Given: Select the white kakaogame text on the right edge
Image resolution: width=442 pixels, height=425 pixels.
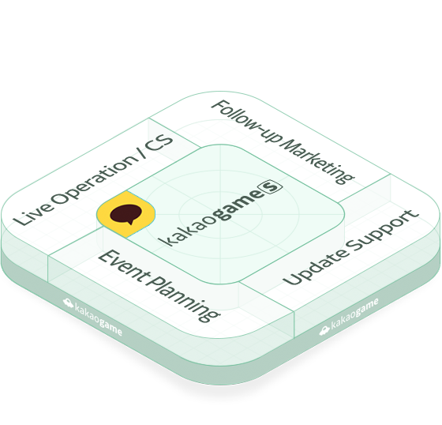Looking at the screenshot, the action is (x=354, y=314).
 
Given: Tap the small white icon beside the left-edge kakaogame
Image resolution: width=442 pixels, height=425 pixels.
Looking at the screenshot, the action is (x=68, y=303).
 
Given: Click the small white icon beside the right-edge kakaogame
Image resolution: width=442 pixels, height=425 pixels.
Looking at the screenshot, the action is (x=324, y=330).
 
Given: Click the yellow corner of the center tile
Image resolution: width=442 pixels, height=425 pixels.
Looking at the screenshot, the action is (x=125, y=214).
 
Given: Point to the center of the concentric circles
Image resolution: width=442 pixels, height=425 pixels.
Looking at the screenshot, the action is (x=221, y=215).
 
